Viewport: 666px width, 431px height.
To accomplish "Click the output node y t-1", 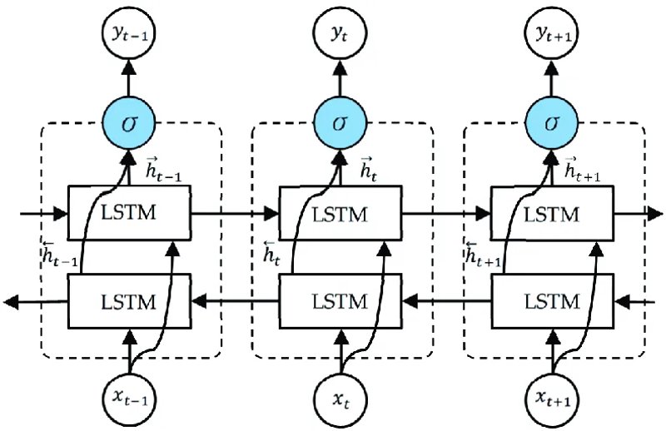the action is tap(129, 34).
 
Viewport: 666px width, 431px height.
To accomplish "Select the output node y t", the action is tap(340, 34).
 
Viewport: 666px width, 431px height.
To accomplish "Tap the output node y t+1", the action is tap(551, 34).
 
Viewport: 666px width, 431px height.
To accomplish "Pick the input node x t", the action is tap(340, 399).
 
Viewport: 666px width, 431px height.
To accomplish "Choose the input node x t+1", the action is tap(552, 399).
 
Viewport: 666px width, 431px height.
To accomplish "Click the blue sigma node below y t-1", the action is tap(129, 124).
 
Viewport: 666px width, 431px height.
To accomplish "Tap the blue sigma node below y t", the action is tap(340, 124).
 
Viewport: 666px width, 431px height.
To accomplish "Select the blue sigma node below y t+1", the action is tap(551, 124).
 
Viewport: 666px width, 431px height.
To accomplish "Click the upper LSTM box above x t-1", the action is tap(129, 213).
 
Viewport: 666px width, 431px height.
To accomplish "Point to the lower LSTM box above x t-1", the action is tap(129, 301).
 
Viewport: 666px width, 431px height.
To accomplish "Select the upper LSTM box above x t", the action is tap(340, 213).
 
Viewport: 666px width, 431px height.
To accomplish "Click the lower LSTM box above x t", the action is tap(340, 301).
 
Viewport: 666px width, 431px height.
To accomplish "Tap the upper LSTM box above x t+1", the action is tap(552, 213).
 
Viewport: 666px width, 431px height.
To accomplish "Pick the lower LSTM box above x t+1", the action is tap(552, 301).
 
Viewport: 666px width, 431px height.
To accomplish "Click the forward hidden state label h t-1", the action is tap(163, 170).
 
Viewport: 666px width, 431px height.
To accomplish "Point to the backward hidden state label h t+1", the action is tap(484, 254).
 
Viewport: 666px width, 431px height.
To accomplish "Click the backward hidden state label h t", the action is tap(272, 253).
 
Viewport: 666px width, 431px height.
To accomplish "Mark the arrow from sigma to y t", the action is tap(340, 79).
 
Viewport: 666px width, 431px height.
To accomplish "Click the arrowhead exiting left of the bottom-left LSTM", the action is tap(11, 302).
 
